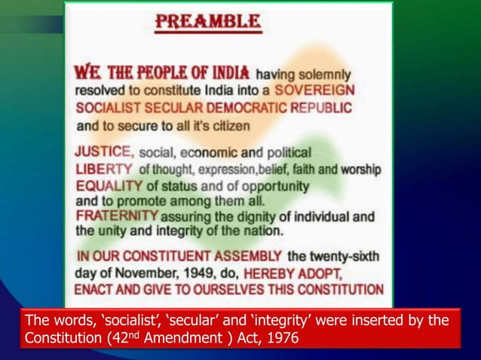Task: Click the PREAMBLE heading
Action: pyautogui.click(x=207, y=20)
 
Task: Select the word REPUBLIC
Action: pyautogui.click(x=322, y=108)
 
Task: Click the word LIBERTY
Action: pyautogui.click(x=104, y=168)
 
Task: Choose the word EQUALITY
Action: pyautogui.click(x=109, y=185)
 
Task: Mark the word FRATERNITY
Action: pyautogui.click(x=117, y=217)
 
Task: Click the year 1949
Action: pyautogui.click(x=213, y=272)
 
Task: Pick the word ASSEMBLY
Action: pyautogui.click(x=250, y=256)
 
